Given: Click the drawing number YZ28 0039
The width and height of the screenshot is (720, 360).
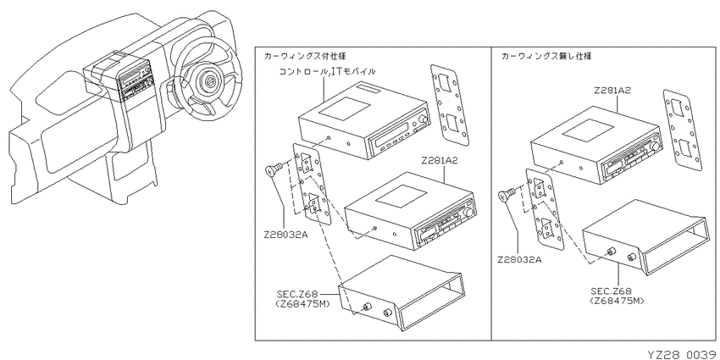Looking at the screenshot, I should (676, 352).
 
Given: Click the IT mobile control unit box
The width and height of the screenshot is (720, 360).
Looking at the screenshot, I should (363, 119).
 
